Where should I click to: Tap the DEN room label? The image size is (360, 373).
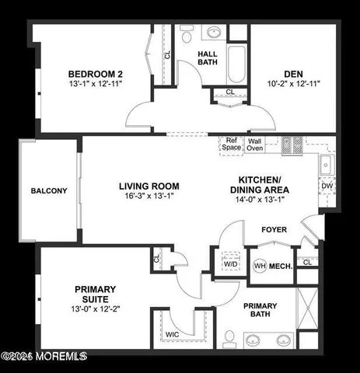[293, 75]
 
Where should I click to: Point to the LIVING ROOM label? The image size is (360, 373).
[149, 186]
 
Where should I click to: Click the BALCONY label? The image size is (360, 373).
[48, 190]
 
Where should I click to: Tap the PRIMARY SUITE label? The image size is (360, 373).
[96, 294]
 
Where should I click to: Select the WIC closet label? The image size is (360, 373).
[173, 335]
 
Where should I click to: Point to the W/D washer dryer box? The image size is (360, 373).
[231, 263]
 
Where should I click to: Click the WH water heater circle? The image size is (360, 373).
[260, 266]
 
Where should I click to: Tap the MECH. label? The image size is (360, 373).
[281, 266]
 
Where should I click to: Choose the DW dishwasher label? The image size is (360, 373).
[327, 186]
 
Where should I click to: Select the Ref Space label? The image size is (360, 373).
[231, 144]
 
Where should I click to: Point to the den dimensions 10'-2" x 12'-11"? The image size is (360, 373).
[293, 82]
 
